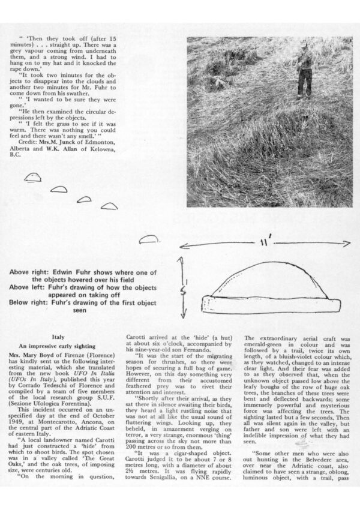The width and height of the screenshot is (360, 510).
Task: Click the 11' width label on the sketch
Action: pyautogui.click(x=263, y=245)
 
